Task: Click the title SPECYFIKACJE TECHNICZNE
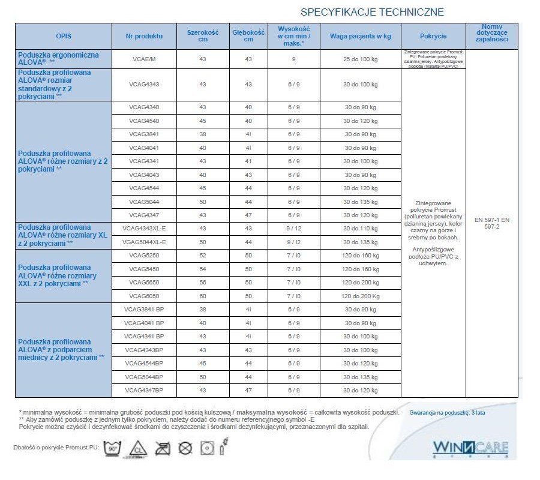click(x=372, y=12)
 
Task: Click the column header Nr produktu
click(x=144, y=36)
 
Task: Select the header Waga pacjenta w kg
click(x=360, y=36)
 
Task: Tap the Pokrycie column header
click(x=433, y=36)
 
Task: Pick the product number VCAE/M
click(x=144, y=59)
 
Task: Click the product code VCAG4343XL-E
click(x=144, y=229)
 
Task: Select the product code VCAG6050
click(x=144, y=296)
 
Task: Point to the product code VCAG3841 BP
click(x=144, y=309)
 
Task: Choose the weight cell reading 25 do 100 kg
click(x=360, y=59)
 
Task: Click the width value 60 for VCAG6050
click(x=202, y=296)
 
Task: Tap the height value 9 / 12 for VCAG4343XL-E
click(x=293, y=229)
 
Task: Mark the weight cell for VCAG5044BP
click(x=360, y=377)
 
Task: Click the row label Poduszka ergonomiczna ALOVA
click(x=58, y=58)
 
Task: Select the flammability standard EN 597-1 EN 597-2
click(x=491, y=223)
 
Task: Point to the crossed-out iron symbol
click(x=164, y=448)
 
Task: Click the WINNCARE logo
click(x=470, y=448)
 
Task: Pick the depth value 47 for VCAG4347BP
click(x=248, y=391)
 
